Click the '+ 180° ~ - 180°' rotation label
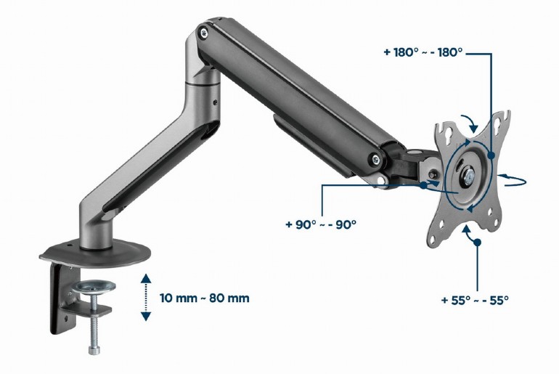[423, 54]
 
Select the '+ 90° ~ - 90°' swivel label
[321, 224]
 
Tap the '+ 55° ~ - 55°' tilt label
[475, 299]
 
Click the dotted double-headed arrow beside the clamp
[145, 298]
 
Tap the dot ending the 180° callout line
[491, 155]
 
